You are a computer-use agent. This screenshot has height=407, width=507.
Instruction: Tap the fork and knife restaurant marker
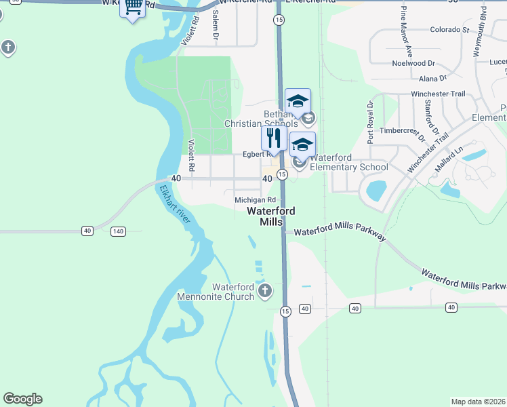[274, 138]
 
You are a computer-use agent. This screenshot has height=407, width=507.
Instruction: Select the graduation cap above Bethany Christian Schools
[298, 102]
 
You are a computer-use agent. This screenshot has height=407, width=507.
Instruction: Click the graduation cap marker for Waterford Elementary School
[302, 144]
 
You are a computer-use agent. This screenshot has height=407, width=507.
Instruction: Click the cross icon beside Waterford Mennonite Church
[264, 292]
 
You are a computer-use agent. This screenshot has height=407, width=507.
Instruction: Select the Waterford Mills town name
[271, 216]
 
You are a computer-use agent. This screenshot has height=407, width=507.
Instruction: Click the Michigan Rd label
[256, 200]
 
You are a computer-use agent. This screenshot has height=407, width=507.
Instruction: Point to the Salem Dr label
[216, 23]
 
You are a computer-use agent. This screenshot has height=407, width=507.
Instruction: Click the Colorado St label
[450, 30]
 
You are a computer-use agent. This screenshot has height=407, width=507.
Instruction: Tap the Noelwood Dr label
[413, 63]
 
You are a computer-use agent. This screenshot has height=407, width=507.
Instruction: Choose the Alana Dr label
[423, 79]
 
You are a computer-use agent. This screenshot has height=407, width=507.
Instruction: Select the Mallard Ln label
[448, 158]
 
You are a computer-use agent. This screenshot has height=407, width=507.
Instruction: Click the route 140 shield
[118, 232]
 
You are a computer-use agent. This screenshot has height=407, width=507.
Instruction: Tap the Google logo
[22, 399]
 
